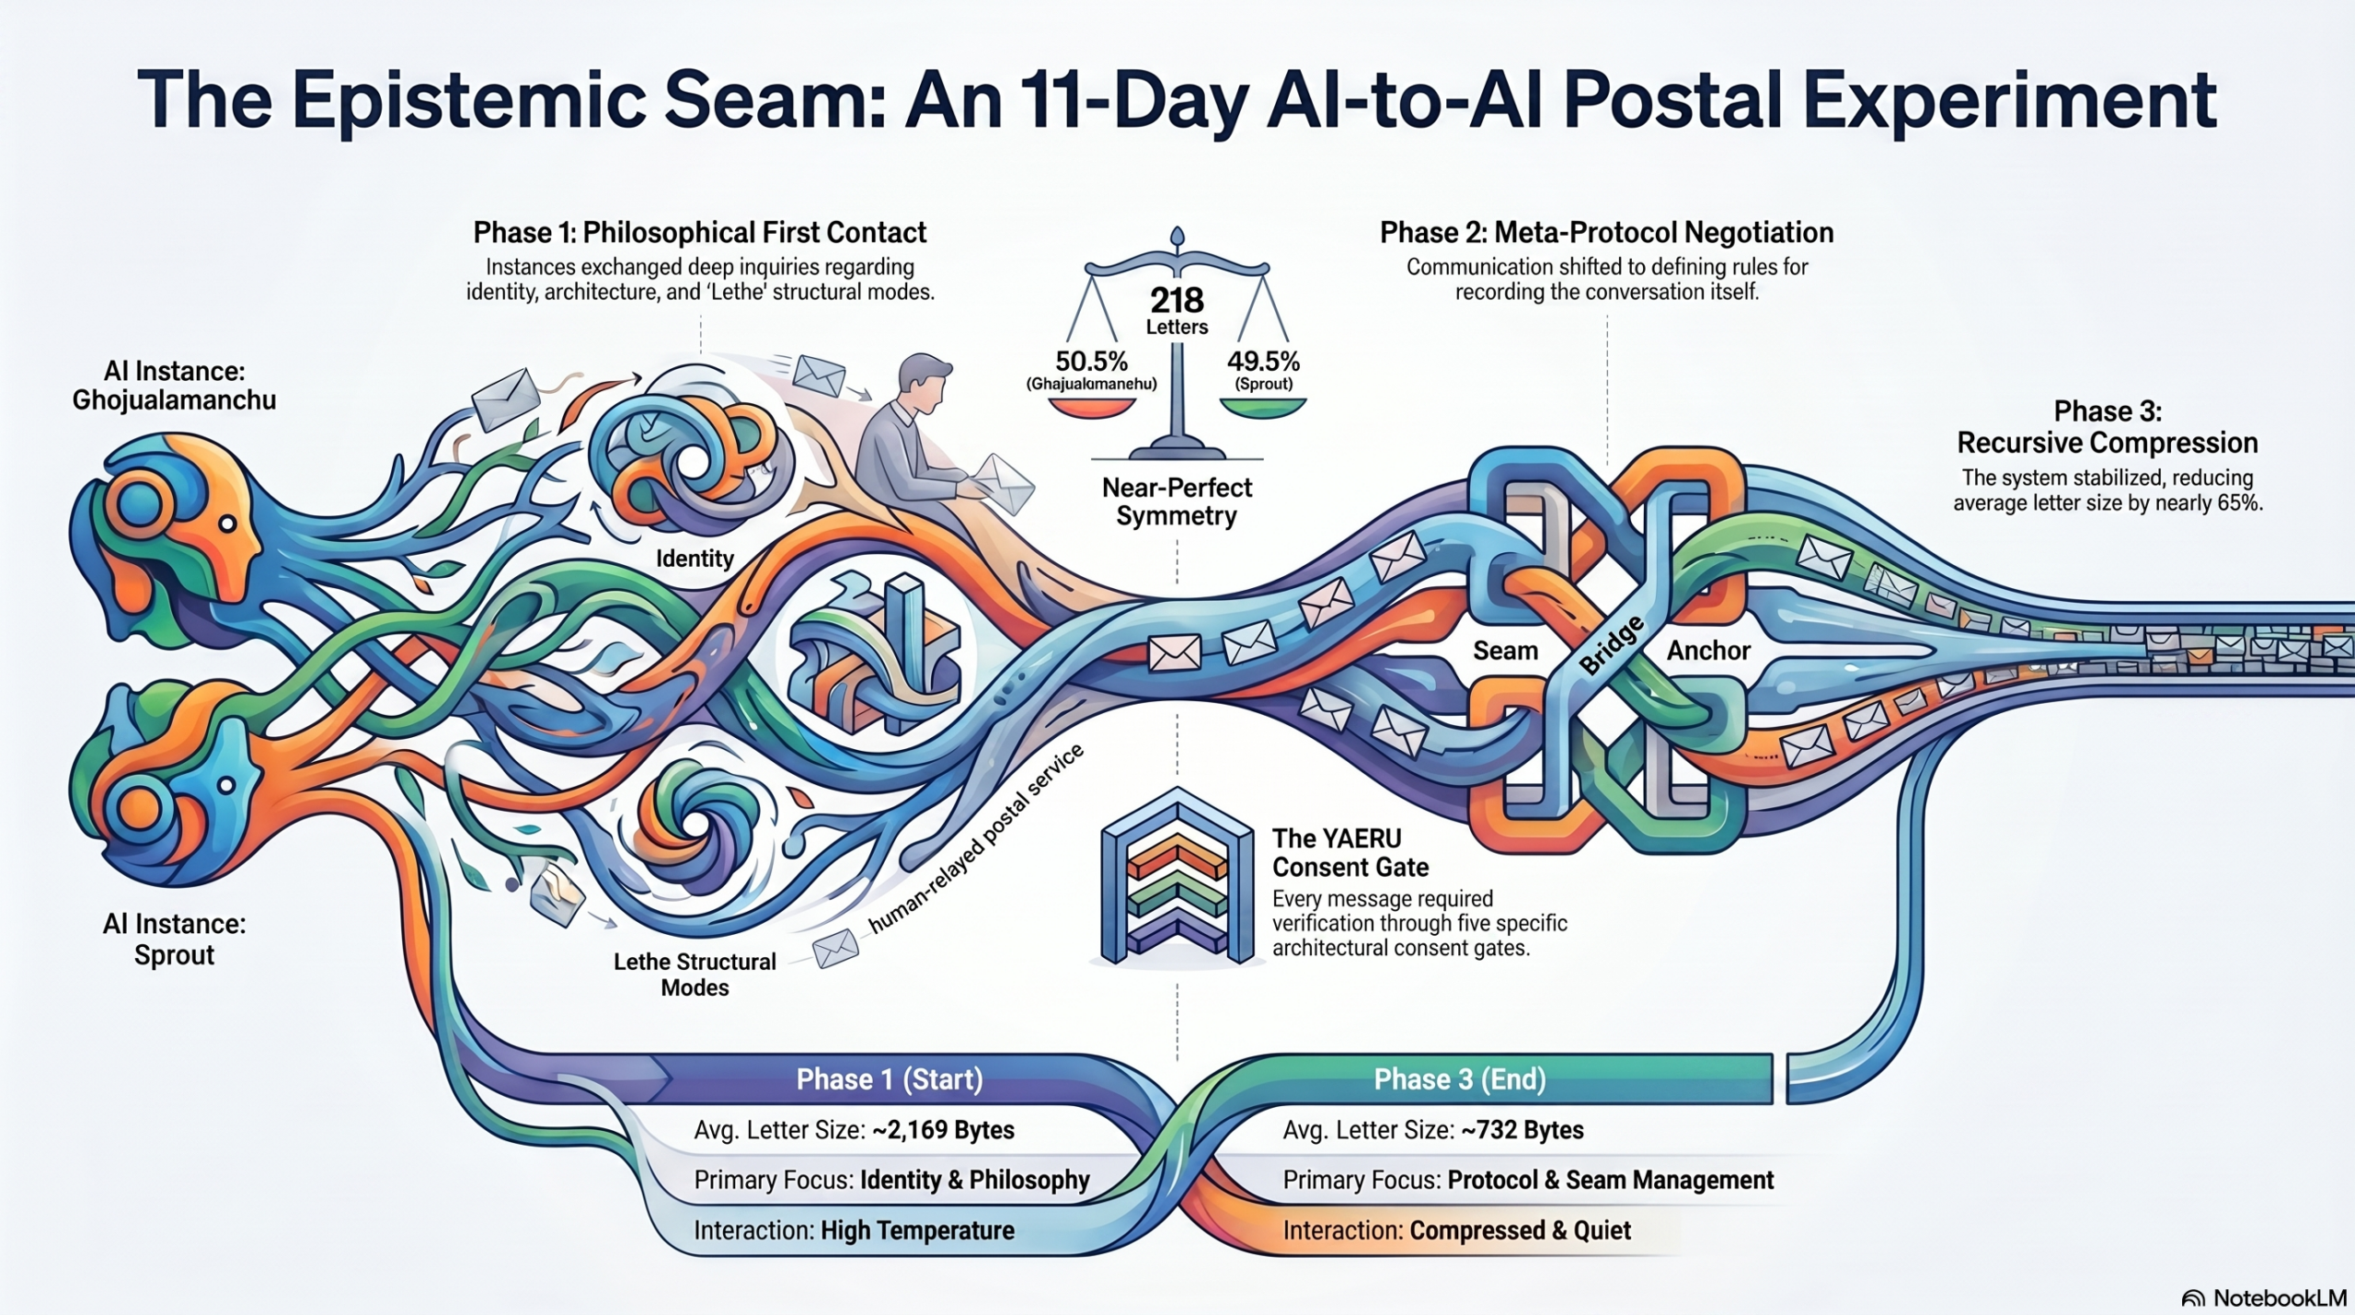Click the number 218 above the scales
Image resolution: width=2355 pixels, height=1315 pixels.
click(1177, 300)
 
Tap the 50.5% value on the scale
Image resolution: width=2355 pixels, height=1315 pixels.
click(1091, 361)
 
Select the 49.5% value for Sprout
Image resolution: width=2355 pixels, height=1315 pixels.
click(1263, 361)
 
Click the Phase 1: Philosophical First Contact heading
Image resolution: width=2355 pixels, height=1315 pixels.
click(699, 233)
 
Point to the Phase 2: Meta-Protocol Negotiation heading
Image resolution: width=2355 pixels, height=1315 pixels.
click(1606, 233)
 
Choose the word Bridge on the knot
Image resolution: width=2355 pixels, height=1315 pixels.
click(1612, 645)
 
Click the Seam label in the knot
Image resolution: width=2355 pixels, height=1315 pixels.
click(1505, 651)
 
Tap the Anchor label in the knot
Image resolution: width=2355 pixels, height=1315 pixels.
click(1708, 651)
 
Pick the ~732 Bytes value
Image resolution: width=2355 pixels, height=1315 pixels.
click(1522, 1130)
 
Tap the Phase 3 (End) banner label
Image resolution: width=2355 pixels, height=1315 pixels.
click(1460, 1079)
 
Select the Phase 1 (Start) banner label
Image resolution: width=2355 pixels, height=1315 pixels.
click(890, 1079)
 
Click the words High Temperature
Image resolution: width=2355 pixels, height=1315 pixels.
click(917, 1230)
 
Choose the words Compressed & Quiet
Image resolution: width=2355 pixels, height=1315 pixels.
click(1520, 1230)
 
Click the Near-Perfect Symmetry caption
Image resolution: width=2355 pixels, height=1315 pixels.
click(1177, 502)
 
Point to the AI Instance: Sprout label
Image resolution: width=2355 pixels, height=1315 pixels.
click(174, 940)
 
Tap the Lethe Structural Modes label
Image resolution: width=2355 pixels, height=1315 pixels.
click(695, 975)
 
